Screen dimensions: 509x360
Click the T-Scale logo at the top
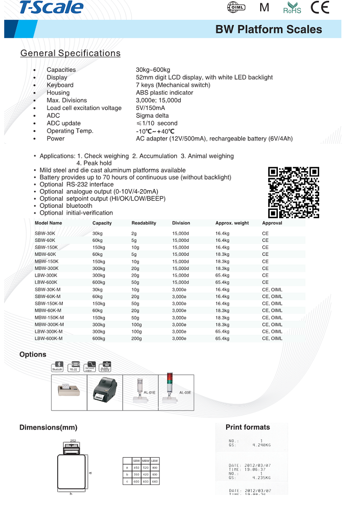point(51,7)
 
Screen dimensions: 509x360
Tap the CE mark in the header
point(320,8)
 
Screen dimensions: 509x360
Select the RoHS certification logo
point(292,8)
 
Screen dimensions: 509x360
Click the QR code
point(294,192)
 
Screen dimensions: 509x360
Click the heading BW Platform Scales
point(269,29)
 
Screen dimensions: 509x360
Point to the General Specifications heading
point(70,53)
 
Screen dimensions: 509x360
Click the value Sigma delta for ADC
point(152,116)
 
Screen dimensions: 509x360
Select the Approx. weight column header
point(232,223)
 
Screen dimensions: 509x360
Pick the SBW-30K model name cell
point(45,234)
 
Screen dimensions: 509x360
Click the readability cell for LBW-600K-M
point(136,339)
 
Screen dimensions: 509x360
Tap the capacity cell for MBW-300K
point(99,269)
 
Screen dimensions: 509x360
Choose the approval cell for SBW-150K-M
point(272,303)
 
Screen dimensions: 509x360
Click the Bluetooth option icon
point(58,367)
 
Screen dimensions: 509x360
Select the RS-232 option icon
point(73,367)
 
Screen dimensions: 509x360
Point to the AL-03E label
point(185,393)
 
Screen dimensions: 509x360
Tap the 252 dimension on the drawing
point(73,440)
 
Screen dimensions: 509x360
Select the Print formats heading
point(247,427)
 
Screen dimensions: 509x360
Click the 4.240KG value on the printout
point(261,445)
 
